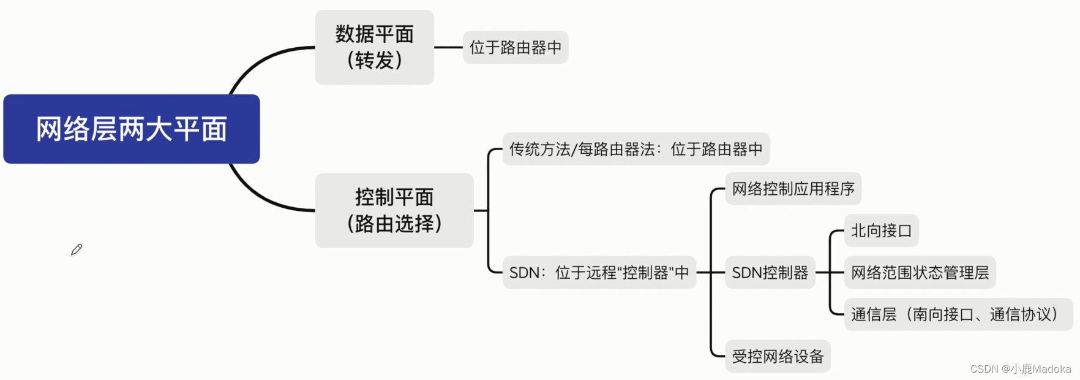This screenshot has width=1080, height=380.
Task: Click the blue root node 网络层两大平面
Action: (x=132, y=129)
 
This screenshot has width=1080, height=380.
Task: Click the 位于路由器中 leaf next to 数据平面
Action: (x=516, y=47)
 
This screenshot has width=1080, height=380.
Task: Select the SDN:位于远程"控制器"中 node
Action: (x=599, y=272)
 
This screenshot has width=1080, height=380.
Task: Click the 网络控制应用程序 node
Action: (x=793, y=189)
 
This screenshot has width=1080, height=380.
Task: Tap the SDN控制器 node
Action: (x=770, y=272)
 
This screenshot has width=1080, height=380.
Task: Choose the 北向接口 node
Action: (x=881, y=230)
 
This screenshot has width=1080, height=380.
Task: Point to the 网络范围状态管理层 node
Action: (x=920, y=272)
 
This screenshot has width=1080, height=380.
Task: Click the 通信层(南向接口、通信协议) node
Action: (x=958, y=314)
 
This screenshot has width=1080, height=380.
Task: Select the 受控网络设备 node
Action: (x=778, y=356)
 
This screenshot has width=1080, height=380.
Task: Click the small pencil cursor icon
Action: (x=77, y=249)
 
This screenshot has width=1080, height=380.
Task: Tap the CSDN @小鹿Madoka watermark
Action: (x=1021, y=369)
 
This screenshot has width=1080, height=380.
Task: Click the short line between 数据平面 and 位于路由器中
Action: (x=448, y=47)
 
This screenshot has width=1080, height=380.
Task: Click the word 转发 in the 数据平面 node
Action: (x=374, y=61)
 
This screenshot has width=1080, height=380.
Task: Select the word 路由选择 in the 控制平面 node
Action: (x=394, y=224)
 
